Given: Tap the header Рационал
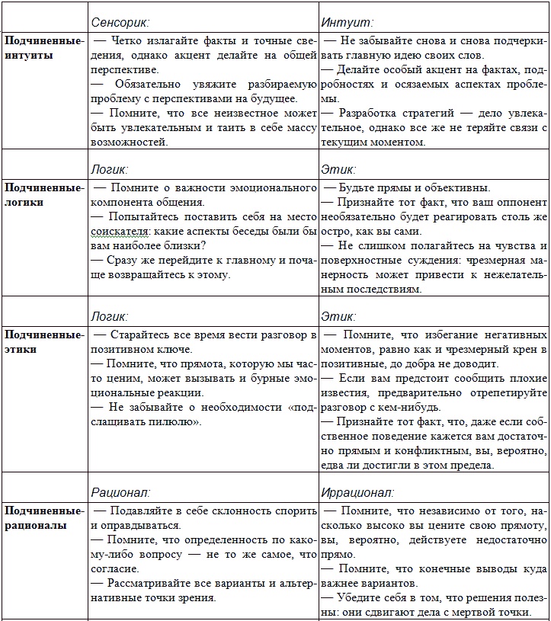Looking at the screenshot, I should coord(120,492).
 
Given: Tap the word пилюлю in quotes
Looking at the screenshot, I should coord(171,421).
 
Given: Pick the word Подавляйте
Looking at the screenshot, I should coord(141,511).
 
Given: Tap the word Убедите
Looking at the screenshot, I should coord(364,597).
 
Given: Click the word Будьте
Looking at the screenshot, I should coord(358,187).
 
